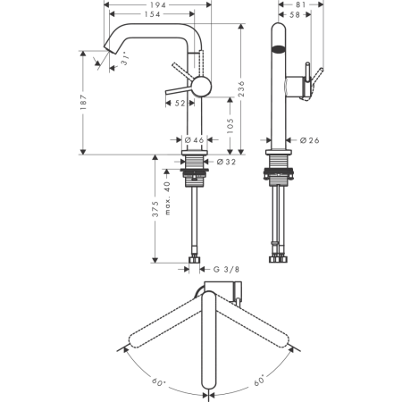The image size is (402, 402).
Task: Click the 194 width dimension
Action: (x=158, y=4)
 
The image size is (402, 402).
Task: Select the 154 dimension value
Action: (x=152, y=14)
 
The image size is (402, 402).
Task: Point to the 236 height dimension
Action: (x=241, y=88)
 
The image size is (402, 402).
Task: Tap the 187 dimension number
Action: (x=83, y=102)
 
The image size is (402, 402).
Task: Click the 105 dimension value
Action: (x=230, y=126)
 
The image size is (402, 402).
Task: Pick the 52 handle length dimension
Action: (x=180, y=104)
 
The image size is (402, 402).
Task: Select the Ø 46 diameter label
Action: (x=194, y=139)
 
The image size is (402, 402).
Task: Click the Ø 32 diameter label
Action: (x=226, y=162)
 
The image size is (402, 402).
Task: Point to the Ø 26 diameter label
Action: (x=309, y=140)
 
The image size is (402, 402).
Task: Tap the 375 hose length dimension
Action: (x=155, y=209)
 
